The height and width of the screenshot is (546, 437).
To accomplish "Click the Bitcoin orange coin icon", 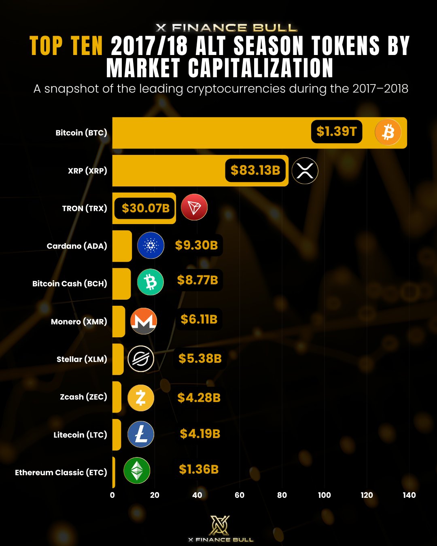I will tap(388, 132).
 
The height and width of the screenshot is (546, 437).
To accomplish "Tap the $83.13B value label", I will tap(255, 170).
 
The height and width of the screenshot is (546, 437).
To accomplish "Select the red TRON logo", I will tap(194, 207).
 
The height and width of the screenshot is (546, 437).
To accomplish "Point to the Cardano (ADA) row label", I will tap(77, 246).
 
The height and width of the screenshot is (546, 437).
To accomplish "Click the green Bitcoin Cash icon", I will tap(151, 282).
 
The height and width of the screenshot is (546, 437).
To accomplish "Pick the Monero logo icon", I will tap(144, 321).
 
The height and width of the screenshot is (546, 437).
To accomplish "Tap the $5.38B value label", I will tap(200, 358).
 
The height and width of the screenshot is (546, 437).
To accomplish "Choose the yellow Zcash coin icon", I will tap(141, 398).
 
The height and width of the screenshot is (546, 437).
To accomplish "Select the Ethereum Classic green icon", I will tap(137, 470).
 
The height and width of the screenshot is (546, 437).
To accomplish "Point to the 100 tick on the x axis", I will tap(324, 495).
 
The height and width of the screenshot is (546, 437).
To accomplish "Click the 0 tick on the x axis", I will tap(112, 495).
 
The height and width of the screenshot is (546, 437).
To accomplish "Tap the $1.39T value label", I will tap(336, 131).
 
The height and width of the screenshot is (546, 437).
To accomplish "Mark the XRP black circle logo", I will tap(305, 171).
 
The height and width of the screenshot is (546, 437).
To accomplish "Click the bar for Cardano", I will tap(122, 246).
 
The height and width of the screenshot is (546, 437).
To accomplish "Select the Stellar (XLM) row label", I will tap(82, 359).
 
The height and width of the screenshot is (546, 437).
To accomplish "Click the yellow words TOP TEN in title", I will tap(66, 46).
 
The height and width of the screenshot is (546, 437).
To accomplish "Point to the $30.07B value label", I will tap(145, 208).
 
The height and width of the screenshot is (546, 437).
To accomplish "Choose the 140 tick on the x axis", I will tap(409, 495).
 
